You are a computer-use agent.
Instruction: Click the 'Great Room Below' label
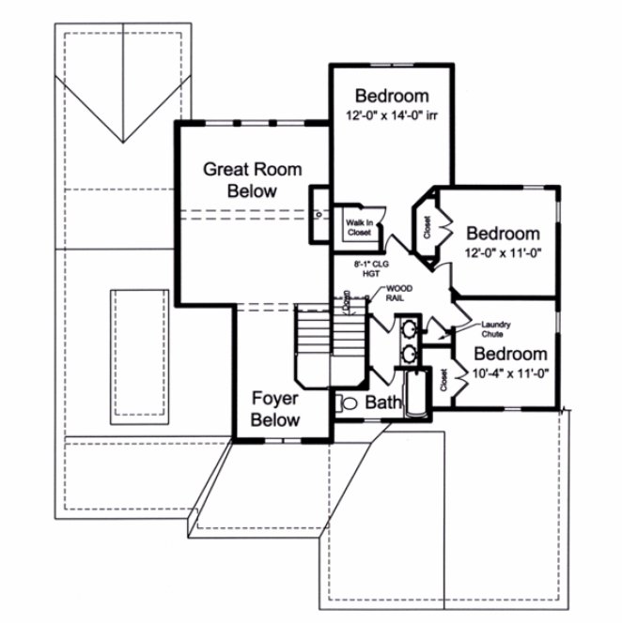tap(253, 180)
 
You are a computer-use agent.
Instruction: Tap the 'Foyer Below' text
tap(275, 409)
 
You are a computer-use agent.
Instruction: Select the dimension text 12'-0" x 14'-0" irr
tap(391, 117)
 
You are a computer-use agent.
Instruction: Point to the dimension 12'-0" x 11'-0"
tap(504, 252)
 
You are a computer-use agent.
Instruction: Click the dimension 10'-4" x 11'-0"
tap(509, 373)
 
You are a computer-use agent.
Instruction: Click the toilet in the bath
tap(345, 403)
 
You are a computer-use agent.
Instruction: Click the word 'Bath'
tap(382, 403)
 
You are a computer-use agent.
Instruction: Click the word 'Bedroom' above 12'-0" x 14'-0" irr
tap(391, 96)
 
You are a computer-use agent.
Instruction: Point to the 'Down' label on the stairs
tap(347, 302)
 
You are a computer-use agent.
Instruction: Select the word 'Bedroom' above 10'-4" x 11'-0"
tap(509, 354)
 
